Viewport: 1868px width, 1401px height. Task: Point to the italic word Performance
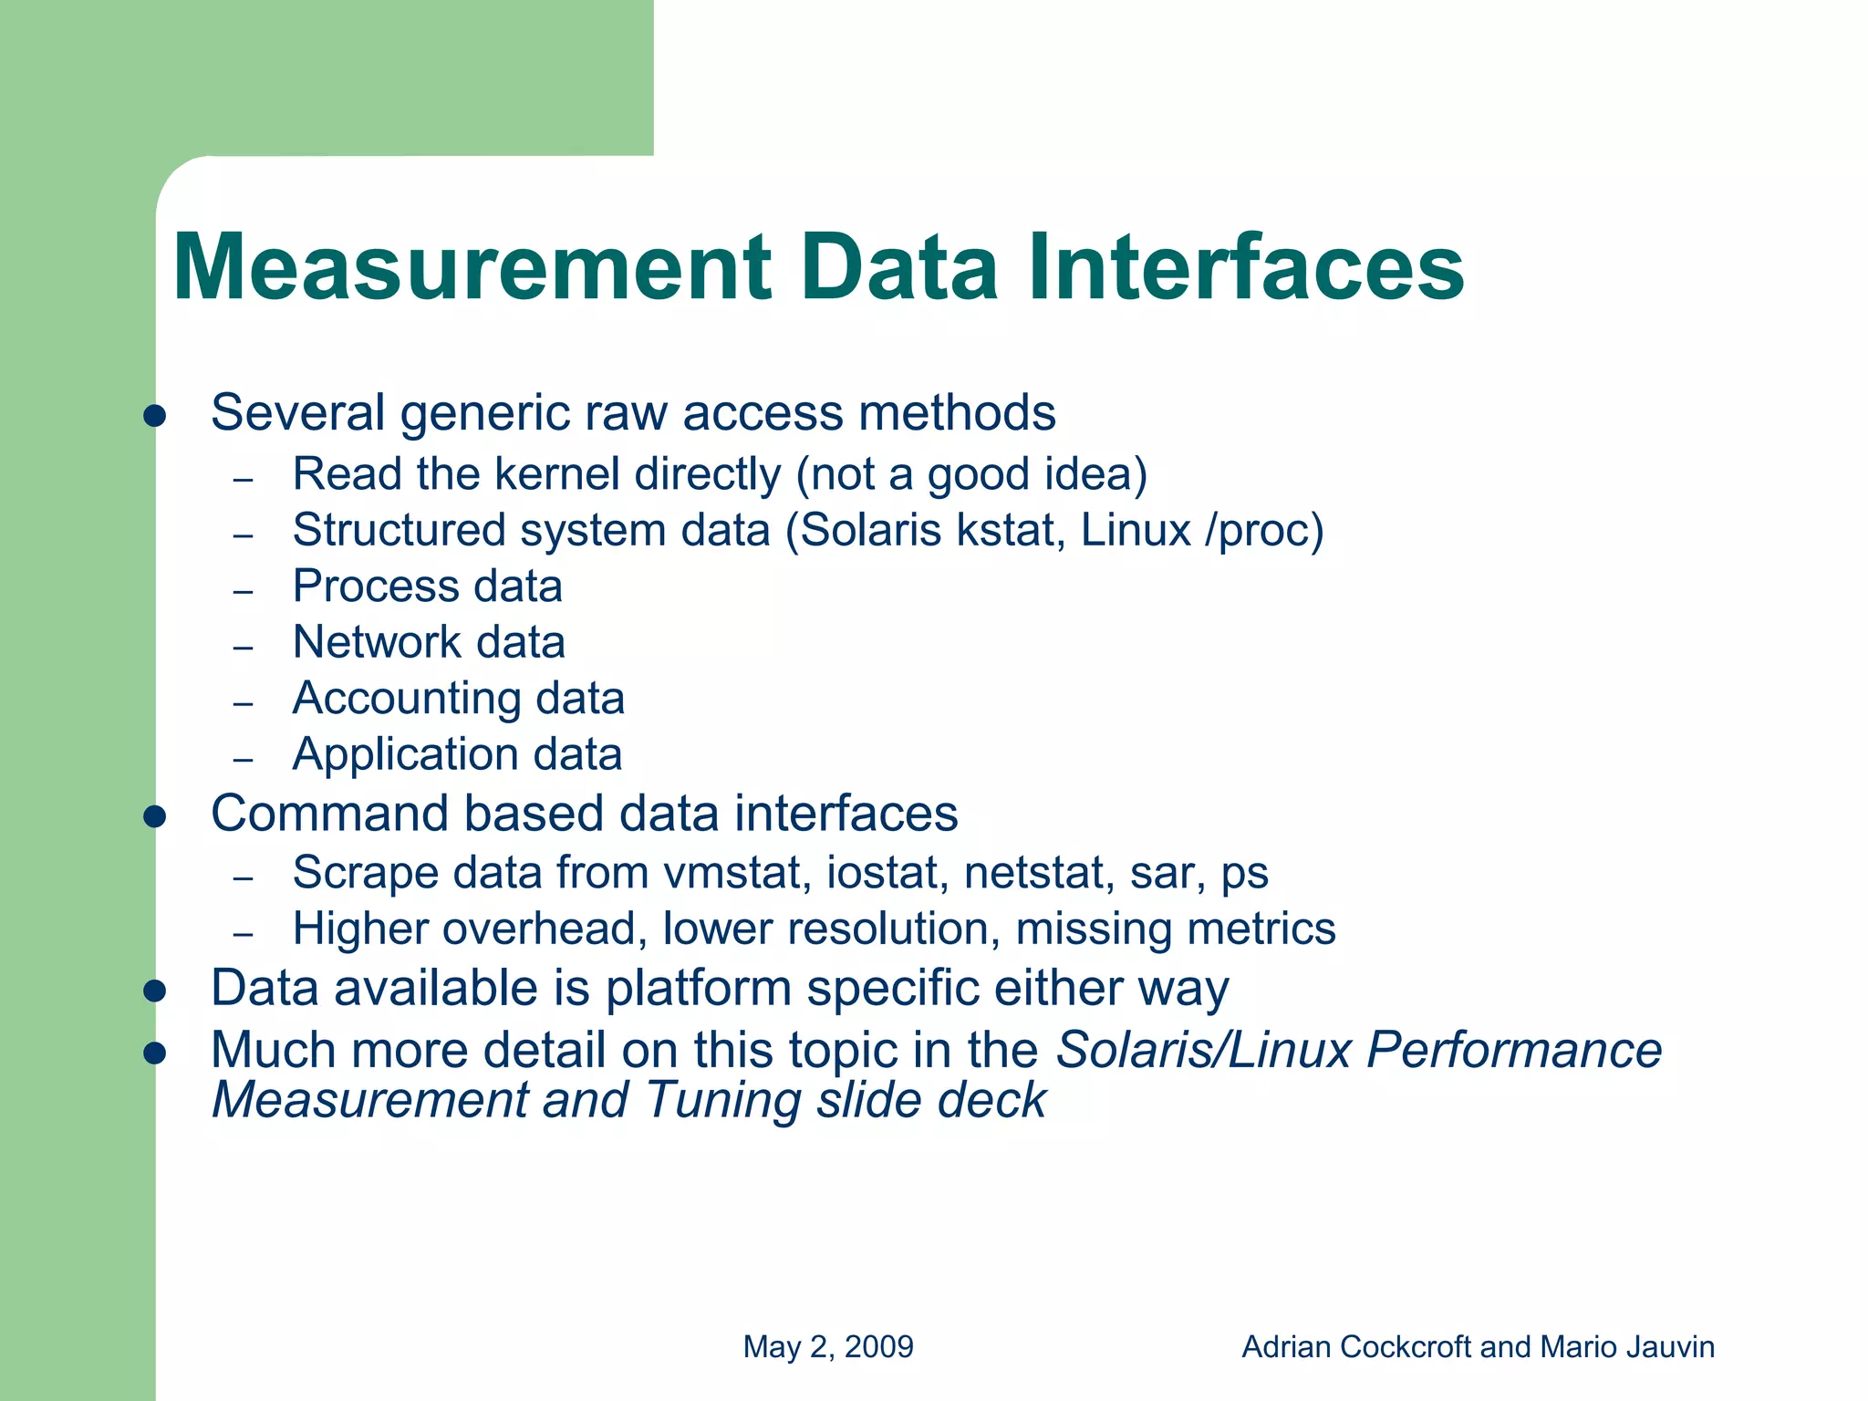[1514, 1050]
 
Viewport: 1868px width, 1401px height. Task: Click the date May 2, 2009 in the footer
[828, 1347]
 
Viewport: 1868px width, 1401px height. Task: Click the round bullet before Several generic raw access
[155, 417]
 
